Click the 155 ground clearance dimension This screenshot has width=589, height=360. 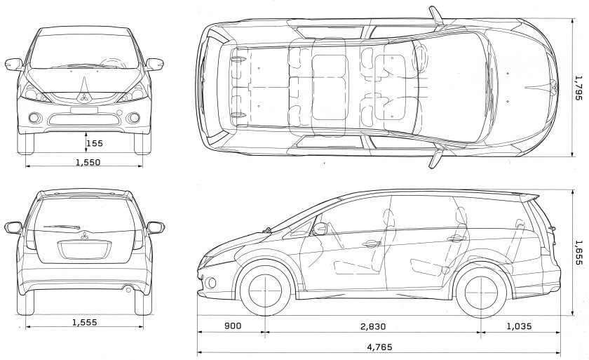pyautogui.click(x=94, y=144)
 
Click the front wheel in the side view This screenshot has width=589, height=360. pyautogui.click(x=265, y=291)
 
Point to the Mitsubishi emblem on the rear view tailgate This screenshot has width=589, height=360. pyautogui.click(x=84, y=234)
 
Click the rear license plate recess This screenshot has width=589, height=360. pyautogui.click(x=84, y=250)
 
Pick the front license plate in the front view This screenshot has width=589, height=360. pyautogui.click(x=84, y=110)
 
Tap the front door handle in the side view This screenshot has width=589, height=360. pyautogui.click(x=369, y=244)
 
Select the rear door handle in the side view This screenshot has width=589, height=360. pyautogui.click(x=456, y=238)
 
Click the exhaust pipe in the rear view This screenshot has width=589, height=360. pyautogui.click(x=128, y=288)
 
